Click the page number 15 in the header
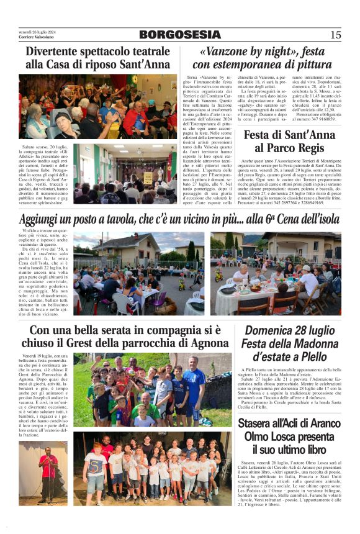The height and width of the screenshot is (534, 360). (336, 35)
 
